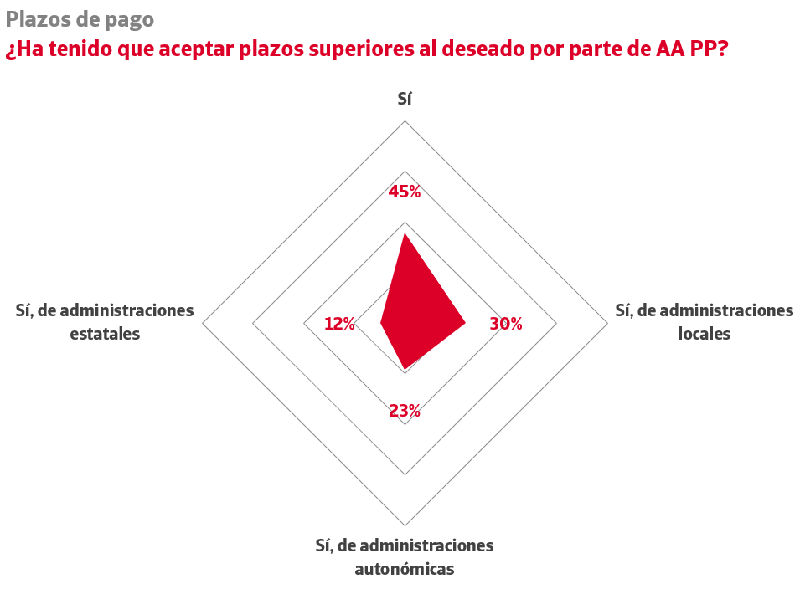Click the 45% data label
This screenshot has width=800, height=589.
point(404,192)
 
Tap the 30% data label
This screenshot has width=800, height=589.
point(506,324)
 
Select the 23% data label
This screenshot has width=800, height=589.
point(404,411)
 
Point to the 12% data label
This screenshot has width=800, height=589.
point(339,324)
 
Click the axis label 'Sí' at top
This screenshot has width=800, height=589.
point(405,99)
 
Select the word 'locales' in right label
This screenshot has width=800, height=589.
point(704,334)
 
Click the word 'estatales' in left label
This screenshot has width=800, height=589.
point(105,334)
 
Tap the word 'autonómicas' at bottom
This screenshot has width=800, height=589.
point(405,570)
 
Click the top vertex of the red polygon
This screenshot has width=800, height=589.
point(405,233)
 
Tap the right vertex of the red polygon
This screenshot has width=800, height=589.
point(465,323)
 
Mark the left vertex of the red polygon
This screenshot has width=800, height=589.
point(381,323)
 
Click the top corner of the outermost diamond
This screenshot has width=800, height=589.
point(405,121)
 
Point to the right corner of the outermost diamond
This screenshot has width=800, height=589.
point(607,323)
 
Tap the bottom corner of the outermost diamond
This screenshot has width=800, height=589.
point(405,525)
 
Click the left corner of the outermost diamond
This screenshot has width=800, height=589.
point(203,323)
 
